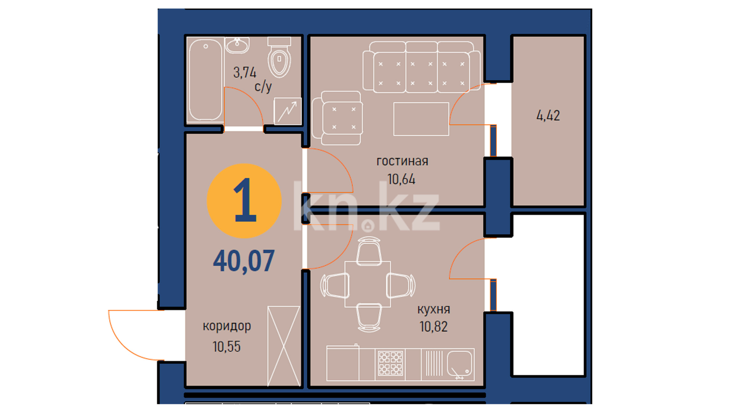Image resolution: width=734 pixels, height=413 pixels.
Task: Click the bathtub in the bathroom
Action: click(205, 80)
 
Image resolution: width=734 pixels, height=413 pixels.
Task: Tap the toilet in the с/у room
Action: click(279, 57)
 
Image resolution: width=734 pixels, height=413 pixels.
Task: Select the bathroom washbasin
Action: click(237, 45)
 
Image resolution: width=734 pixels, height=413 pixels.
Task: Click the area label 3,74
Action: click(245, 72)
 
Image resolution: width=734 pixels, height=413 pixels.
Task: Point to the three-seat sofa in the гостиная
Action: click(421, 67)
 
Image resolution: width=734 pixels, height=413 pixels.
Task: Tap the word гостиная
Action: click(402, 161)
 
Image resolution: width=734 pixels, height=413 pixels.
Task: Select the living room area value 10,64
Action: click(401, 179)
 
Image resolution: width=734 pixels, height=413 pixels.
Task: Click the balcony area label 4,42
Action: click(548, 115)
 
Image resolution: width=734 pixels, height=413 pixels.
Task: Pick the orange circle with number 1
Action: click(244, 201)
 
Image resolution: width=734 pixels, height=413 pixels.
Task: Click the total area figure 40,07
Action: click(244, 261)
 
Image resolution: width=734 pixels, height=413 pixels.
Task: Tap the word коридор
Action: click(227, 326)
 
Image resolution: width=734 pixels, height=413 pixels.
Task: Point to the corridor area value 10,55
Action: click(227, 346)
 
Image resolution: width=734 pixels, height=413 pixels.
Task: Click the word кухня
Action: click(434, 309)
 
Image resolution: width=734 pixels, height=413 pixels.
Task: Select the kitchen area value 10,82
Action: click(434, 327)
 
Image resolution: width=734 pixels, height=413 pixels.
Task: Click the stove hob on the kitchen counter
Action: click(390, 363)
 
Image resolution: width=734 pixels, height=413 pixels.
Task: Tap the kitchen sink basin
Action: click(460, 364)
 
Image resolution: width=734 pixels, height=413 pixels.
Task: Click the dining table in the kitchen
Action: click(368, 284)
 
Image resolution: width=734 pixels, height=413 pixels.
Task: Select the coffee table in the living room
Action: click(421, 119)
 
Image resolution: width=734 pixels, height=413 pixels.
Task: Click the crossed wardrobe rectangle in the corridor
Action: click(284, 346)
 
